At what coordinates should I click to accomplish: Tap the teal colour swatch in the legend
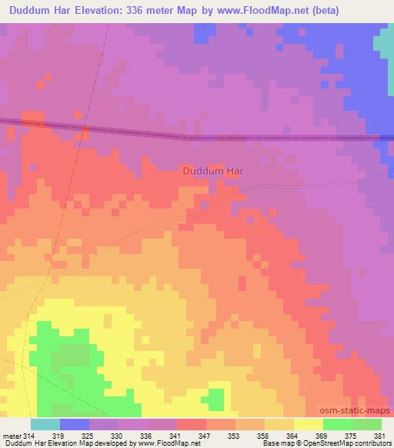coord(45,424)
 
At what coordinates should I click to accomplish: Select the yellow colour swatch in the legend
coord(309,424)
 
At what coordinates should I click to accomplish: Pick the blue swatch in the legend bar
coord(75,424)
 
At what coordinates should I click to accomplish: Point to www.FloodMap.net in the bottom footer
coord(165,444)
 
